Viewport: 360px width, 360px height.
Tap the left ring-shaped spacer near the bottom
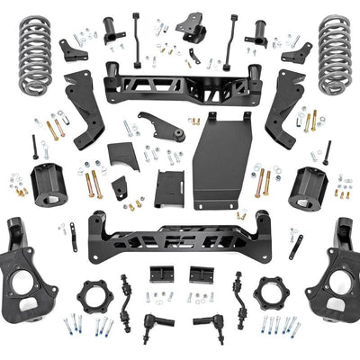point(93,295)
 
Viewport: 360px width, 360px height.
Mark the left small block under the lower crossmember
point(161,274)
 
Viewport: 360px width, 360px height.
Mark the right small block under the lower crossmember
point(201,274)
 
